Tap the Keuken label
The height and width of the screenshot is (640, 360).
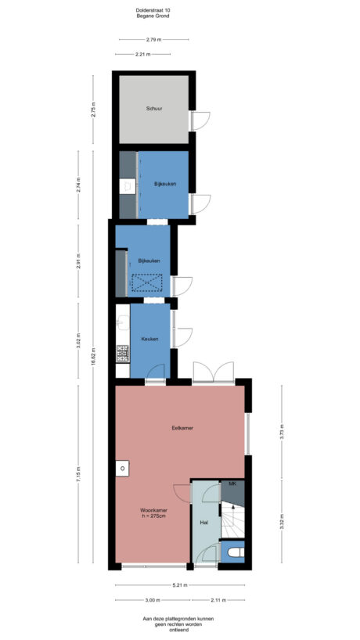pyautogui.click(x=149, y=339)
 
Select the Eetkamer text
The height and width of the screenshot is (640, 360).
pyautogui.click(x=182, y=428)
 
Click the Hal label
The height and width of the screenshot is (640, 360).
pyautogui.click(x=203, y=521)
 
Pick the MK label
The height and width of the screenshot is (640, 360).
pyautogui.click(x=232, y=485)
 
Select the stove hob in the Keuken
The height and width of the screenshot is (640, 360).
pyautogui.click(x=123, y=354)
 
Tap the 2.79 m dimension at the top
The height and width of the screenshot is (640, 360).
pyautogui.click(x=153, y=39)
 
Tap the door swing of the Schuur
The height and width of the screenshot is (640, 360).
pyautogui.click(x=202, y=121)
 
